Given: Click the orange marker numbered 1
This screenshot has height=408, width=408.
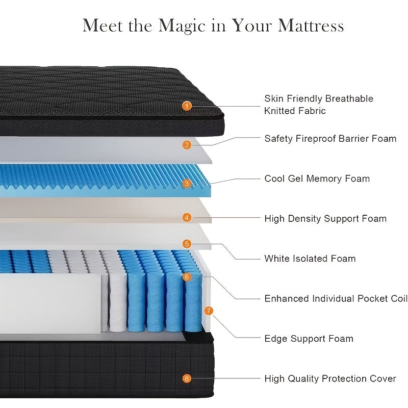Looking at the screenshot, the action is [x=187, y=106].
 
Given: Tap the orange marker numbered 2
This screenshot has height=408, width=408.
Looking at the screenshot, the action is [x=187, y=145].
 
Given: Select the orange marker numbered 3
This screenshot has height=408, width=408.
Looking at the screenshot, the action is [x=187, y=184].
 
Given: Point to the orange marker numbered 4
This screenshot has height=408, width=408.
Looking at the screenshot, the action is [x=187, y=218].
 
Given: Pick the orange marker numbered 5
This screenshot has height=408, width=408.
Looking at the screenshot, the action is [x=187, y=244].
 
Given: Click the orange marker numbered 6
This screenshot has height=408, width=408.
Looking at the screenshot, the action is [x=187, y=276].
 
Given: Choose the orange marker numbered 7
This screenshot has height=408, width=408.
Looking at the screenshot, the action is [x=209, y=311].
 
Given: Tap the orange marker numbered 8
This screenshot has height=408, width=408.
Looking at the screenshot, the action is [x=187, y=378].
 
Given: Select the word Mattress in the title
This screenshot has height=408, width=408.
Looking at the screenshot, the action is [x=311, y=25].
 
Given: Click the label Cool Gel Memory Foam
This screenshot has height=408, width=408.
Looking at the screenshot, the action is [x=317, y=179].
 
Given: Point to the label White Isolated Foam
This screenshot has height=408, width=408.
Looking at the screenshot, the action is [x=310, y=259].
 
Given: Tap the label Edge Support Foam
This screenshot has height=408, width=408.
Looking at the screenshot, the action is [x=309, y=339].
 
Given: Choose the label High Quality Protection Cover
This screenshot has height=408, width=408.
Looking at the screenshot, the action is [x=330, y=378].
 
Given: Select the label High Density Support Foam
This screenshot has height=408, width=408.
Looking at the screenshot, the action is [x=325, y=219].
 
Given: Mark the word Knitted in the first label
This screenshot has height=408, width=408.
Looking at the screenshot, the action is [x=279, y=111].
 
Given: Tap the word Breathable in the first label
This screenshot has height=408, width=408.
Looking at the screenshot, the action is [x=349, y=98].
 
